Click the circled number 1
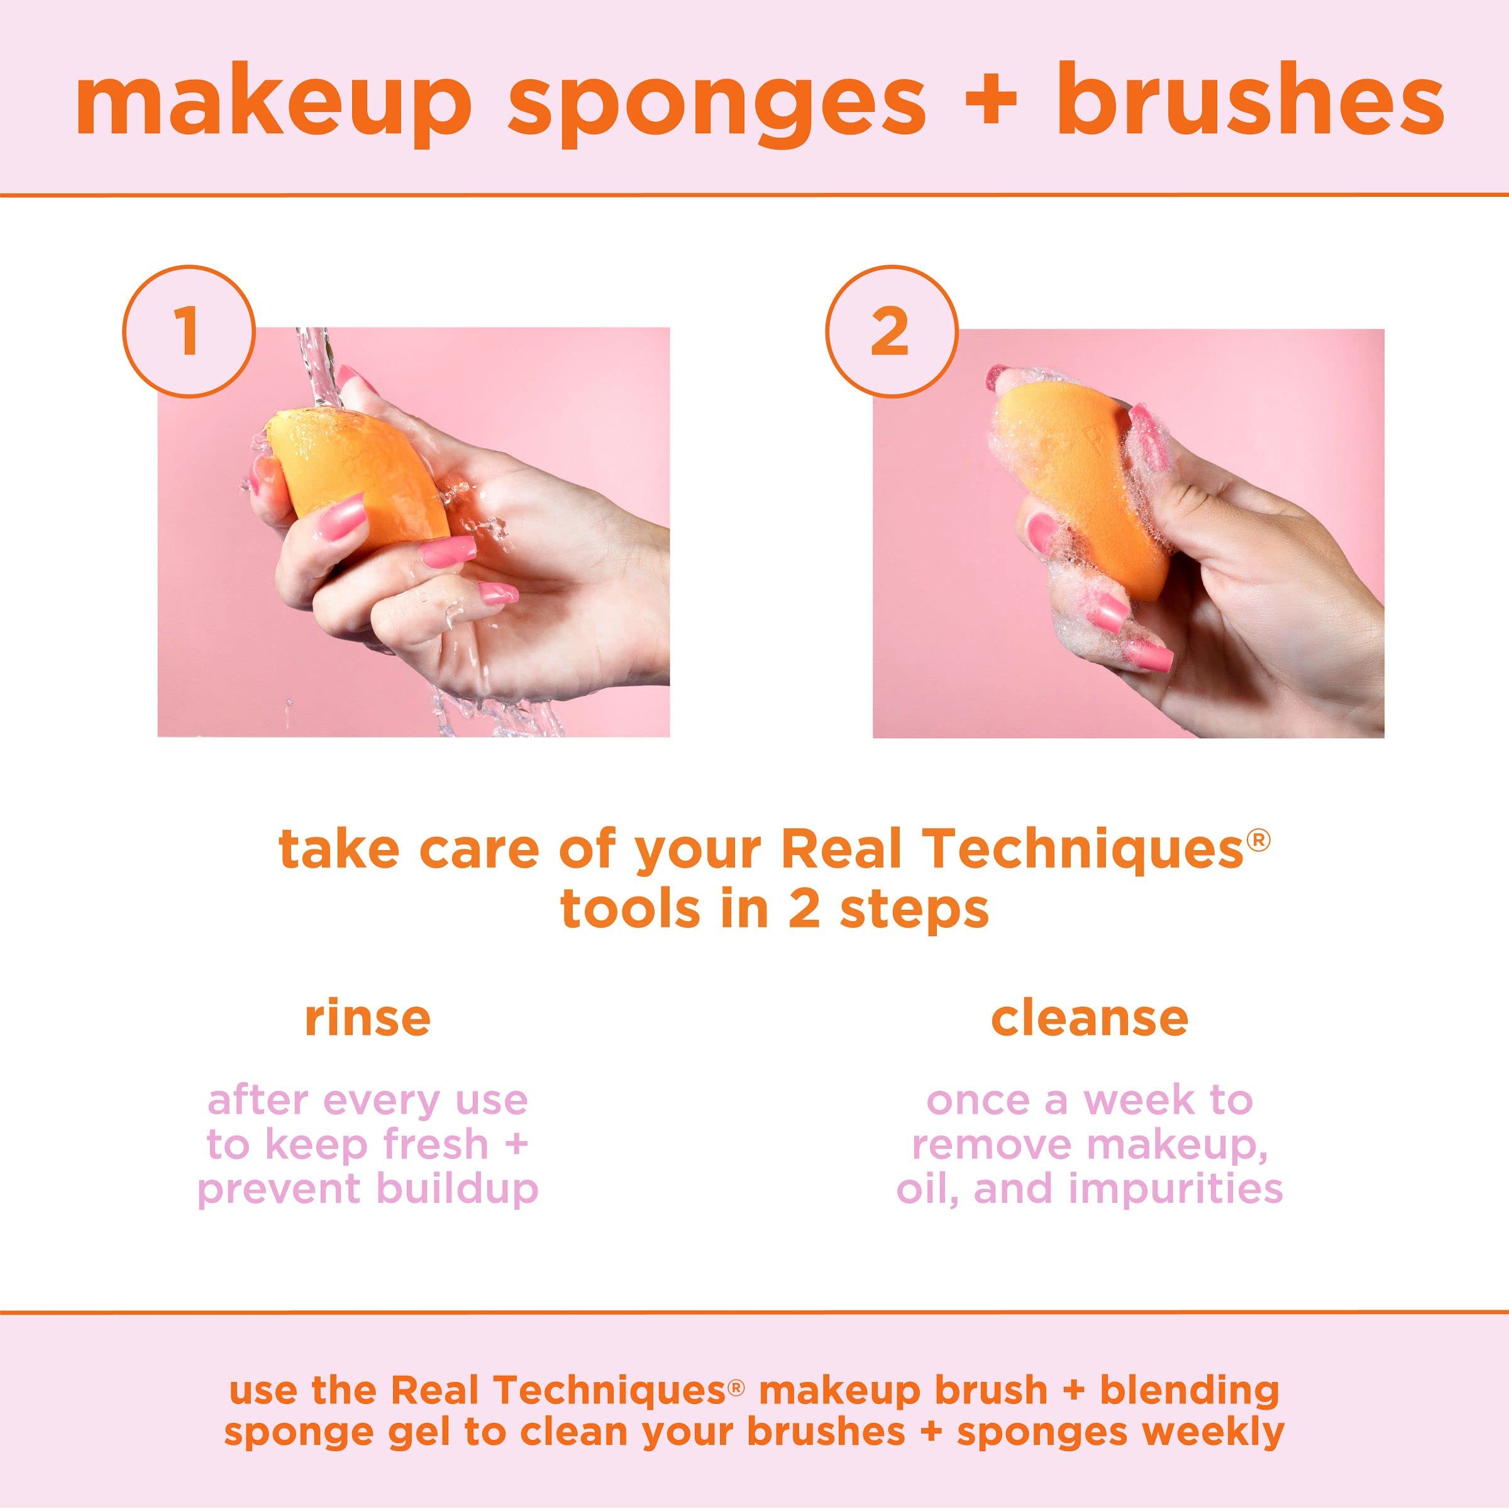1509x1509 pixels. point(188,331)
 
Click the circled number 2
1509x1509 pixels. point(891,331)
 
